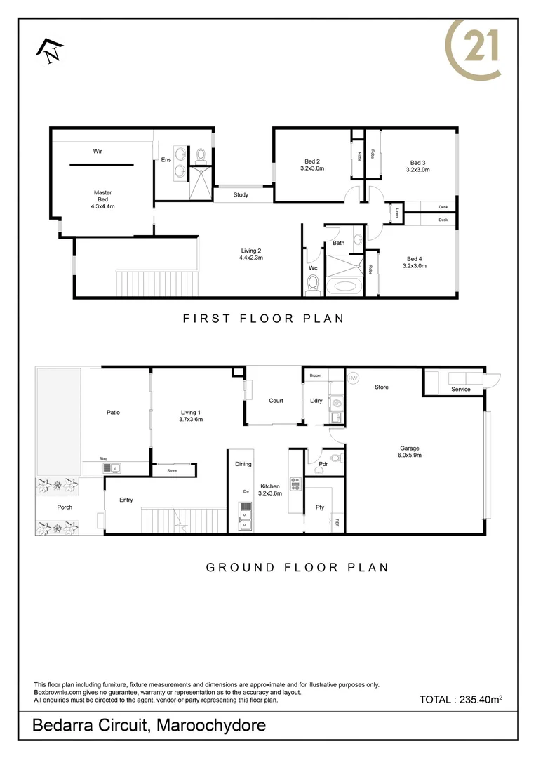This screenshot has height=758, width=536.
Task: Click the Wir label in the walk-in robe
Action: pyautogui.click(x=98, y=151)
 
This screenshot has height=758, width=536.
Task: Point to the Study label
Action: pyautogui.click(x=241, y=195)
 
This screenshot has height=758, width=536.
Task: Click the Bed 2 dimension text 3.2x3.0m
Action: pyautogui.click(x=311, y=168)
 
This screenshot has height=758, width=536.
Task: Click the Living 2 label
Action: pyautogui.click(x=250, y=254)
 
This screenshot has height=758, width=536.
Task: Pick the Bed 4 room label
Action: pyautogui.click(x=415, y=259)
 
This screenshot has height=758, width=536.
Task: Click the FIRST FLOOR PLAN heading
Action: pyautogui.click(x=263, y=319)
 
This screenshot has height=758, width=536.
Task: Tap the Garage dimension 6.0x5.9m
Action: pyautogui.click(x=410, y=455)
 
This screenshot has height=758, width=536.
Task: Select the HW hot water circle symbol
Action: pyautogui.click(x=352, y=378)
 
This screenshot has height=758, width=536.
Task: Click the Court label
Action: pyautogui.click(x=276, y=401)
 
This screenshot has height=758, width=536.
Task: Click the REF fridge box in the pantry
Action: pyautogui.click(x=337, y=522)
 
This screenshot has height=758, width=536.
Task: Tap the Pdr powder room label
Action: pyautogui.click(x=323, y=464)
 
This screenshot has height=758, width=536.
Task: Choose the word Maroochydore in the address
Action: pyautogui.click(x=211, y=725)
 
